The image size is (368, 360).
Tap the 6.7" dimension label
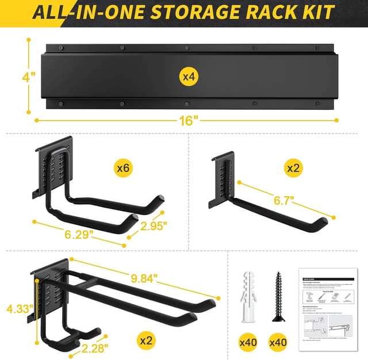[x=283, y=201]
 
